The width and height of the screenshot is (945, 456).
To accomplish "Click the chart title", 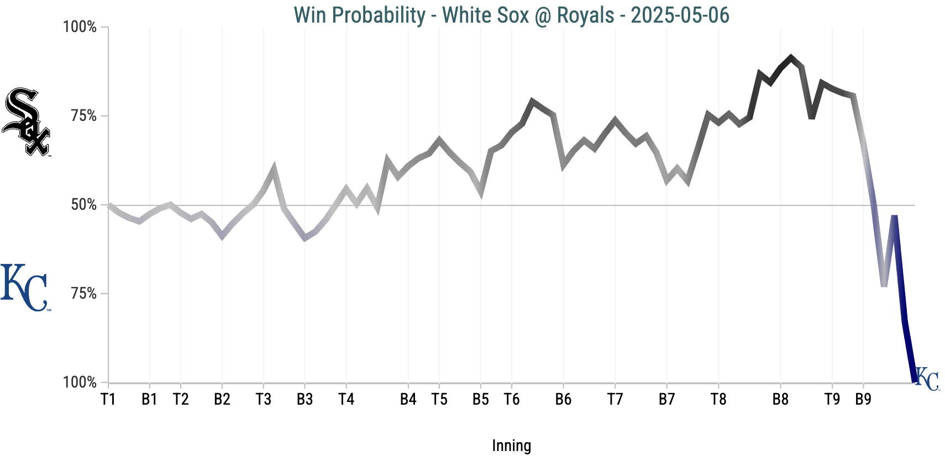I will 511,15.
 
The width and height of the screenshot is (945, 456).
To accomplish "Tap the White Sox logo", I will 26,122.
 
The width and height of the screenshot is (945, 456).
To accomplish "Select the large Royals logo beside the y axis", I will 25,288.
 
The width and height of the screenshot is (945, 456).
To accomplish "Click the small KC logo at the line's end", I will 927,379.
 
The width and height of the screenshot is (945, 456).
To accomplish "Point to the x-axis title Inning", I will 511,446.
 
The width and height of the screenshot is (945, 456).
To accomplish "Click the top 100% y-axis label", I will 80,26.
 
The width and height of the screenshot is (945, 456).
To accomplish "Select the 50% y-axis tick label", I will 83,205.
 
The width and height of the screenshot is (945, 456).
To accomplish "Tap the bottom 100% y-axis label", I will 80,382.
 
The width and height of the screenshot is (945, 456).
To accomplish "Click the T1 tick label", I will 108,399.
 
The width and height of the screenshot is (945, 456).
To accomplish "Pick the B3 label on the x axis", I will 305,399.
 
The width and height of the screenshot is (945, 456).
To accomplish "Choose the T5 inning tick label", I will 439,399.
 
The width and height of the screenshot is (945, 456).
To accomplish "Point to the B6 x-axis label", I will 563,399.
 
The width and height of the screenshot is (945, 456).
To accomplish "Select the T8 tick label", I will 718,399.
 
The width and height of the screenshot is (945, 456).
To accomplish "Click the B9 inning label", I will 863,399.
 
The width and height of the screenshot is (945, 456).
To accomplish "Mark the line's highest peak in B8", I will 791,57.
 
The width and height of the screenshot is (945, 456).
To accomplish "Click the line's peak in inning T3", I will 274,167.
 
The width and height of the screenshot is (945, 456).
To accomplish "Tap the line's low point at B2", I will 222,236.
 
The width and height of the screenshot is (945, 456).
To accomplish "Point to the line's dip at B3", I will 305,238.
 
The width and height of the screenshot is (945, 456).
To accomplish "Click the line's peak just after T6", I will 532,101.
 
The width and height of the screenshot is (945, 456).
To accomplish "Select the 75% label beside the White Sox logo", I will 83,116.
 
